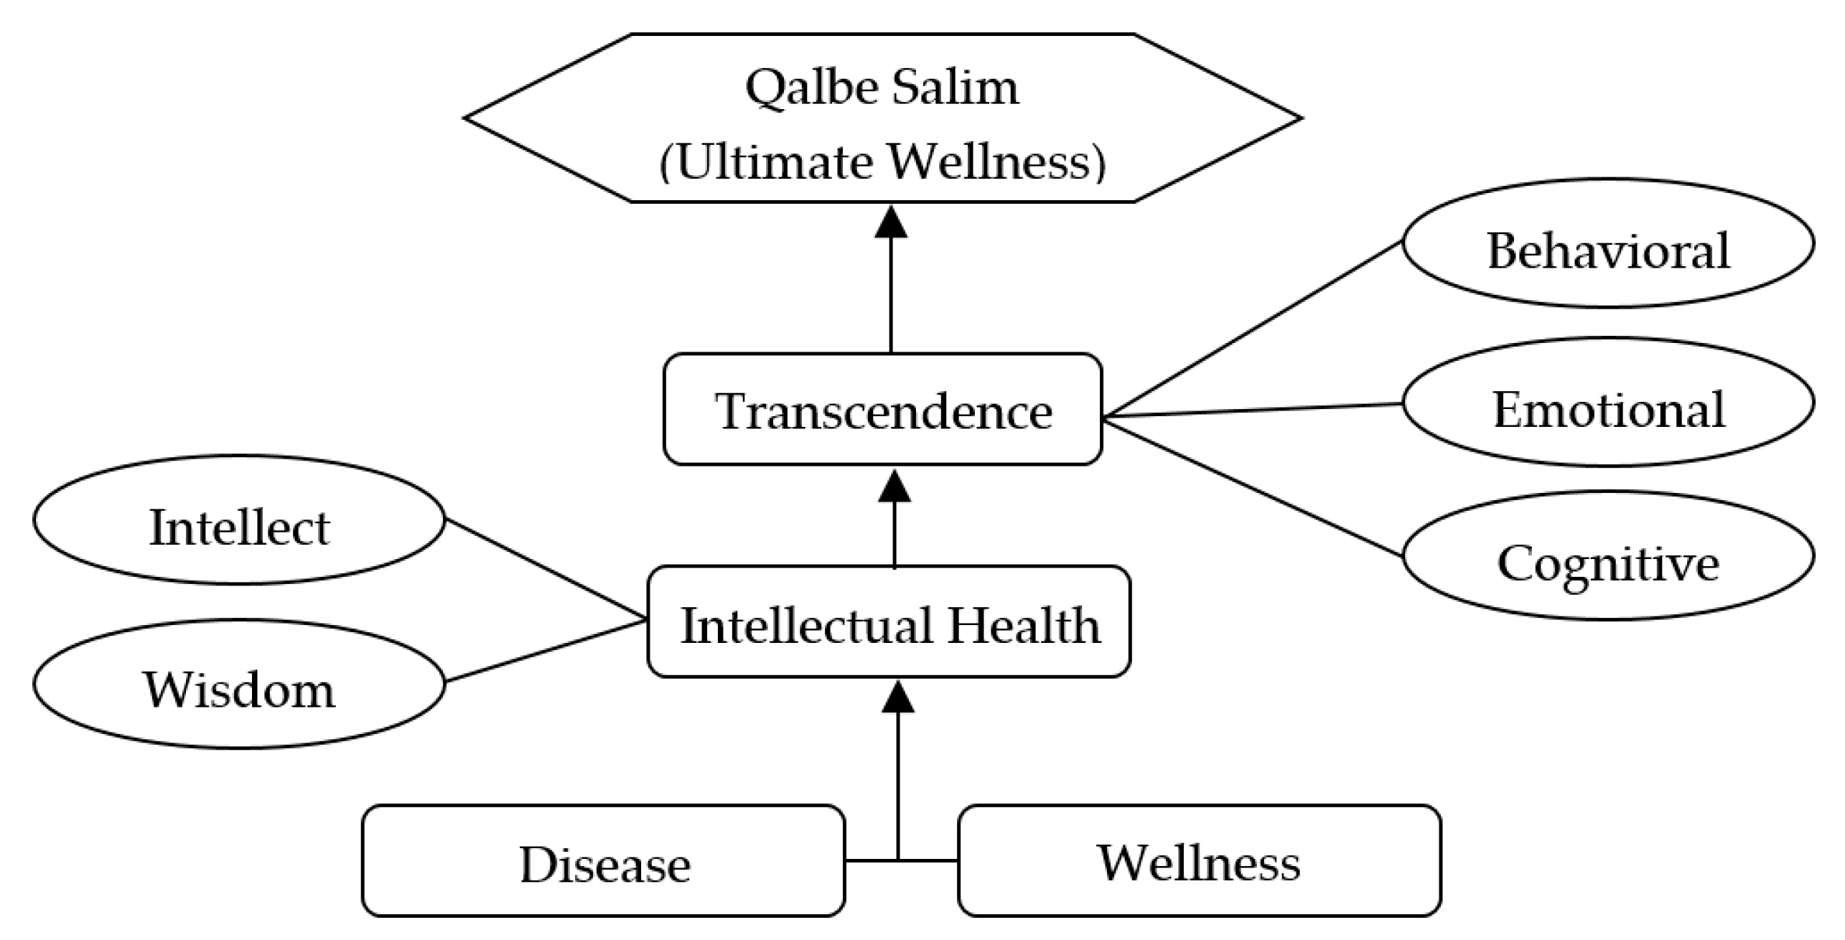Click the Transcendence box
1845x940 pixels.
coord(882,410)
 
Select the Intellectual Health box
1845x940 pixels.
coord(889,622)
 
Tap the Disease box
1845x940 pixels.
coord(603,861)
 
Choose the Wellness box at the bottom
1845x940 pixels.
coord(1199,861)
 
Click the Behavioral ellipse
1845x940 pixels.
coord(1608,244)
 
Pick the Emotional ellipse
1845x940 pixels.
coord(1608,403)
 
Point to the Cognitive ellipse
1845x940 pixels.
coord(1608,556)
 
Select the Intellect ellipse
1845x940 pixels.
coord(239,520)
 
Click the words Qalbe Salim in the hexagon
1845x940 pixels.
coord(882,88)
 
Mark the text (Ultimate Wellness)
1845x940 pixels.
coord(882,161)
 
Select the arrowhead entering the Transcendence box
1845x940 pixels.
coord(894,486)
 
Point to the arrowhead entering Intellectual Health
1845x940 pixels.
coord(897,697)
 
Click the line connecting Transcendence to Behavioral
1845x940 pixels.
coord(1253,329)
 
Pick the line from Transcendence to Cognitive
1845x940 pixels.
coord(1253,489)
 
